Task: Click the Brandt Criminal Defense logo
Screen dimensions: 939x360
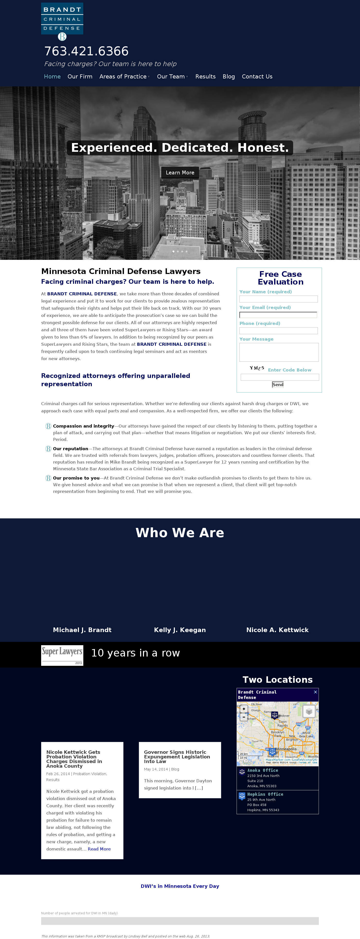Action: coord(62,21)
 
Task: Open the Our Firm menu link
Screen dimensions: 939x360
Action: coord(80,77)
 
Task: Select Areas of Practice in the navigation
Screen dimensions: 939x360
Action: coord(123,77)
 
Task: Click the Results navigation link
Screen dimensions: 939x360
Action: coord(205,77)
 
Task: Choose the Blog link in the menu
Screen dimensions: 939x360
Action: coord(228,77)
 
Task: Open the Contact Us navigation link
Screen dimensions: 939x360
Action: coord(257,77)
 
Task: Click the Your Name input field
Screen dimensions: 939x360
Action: coord(278,299)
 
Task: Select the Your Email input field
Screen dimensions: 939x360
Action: coord(278,315)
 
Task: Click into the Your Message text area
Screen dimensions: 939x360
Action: coord(279,352)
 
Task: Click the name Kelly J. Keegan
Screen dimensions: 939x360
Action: coord(180,630)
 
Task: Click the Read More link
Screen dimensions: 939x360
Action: coord(99,849)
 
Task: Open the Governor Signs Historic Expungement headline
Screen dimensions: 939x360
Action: coord(177,757)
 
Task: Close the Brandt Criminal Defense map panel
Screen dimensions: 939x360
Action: coord(316,692)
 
